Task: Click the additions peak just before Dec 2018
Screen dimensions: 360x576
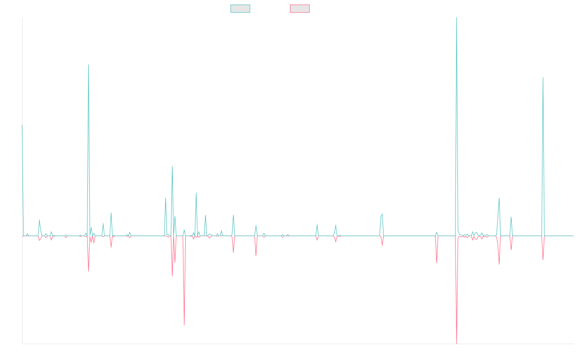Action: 88,65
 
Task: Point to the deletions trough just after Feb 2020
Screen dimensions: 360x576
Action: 184,325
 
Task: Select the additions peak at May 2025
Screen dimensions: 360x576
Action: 543,78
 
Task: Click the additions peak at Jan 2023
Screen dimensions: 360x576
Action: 382,214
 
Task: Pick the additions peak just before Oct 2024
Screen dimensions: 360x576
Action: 499,198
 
